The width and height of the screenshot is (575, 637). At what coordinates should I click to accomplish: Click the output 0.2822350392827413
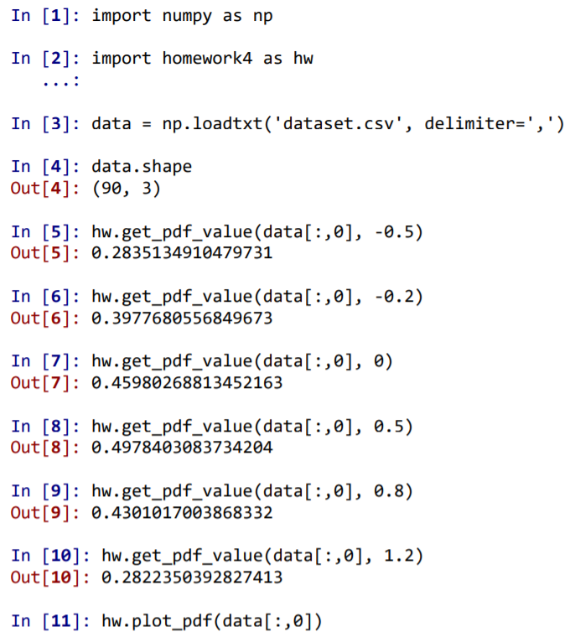(192, 577)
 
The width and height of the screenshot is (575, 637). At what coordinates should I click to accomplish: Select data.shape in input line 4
(142, 166)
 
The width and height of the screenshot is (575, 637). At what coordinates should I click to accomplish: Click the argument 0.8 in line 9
(392, 491)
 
